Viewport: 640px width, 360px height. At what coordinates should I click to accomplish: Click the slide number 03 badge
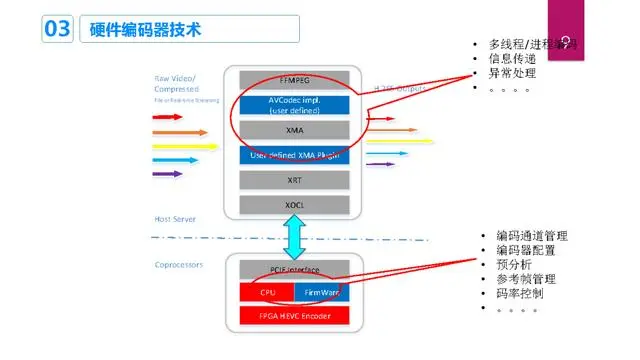pyautogui.click(x=56, y=29)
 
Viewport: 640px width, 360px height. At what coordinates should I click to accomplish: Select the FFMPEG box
pyautogui.click(x=293, y=79)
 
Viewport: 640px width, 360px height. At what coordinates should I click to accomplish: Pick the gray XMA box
pyautogui.click(x=293, y=129)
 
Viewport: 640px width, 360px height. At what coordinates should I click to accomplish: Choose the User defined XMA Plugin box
pyautogui.click(x=293, y=155)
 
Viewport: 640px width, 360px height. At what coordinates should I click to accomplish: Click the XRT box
pyautogui.click(x=293, y=180)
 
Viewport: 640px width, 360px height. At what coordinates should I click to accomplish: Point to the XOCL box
pyautogui.click(x=293, y=204)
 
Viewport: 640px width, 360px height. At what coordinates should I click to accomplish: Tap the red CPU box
pyautogui.click(x=267, y=292)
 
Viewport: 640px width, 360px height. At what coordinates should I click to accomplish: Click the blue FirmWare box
pyautogui.click(x=321, y=292)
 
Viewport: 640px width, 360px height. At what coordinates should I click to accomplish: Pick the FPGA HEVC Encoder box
pyautogui.click(x=293, y=316)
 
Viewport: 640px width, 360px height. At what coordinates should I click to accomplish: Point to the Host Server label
pyautogui.click(x=175, y=218)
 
